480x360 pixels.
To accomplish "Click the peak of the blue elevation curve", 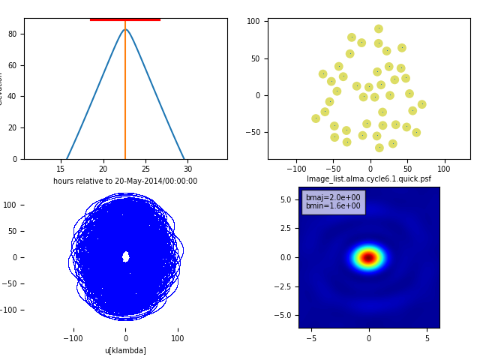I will click(125, 29).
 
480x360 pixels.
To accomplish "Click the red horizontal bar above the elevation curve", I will click(125, 19).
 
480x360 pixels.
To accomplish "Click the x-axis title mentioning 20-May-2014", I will click(125, 181).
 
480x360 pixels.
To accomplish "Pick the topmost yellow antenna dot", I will click(379, 29).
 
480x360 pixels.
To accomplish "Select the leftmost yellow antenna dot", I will click(316, 118).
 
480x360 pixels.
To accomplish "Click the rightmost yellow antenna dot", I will click(422, 104).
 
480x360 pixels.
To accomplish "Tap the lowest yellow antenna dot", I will click(379, 148).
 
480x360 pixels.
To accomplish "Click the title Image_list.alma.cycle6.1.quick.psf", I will click(369, 179).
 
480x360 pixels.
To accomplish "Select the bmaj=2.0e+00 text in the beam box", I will click(333, 198).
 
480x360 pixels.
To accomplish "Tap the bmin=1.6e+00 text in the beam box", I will click(333, 206).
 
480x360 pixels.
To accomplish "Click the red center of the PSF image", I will click(368, 258).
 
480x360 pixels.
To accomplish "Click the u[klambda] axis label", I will click(125, 350).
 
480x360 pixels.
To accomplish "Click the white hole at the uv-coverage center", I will click(125, 256).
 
